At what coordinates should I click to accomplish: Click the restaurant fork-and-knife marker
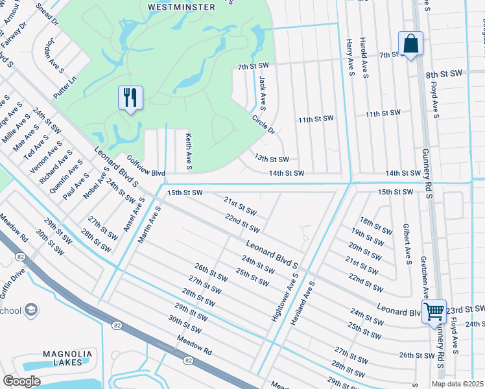pos(130,98)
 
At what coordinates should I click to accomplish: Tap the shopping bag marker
pos(410,44)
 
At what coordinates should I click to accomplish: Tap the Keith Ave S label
pos(189,152)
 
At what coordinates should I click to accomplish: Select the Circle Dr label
pos(264,124)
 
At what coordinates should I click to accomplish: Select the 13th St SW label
pos(271,158)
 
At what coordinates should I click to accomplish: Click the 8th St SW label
pos(442,75)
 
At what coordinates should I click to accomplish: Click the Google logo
pos(21,381)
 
